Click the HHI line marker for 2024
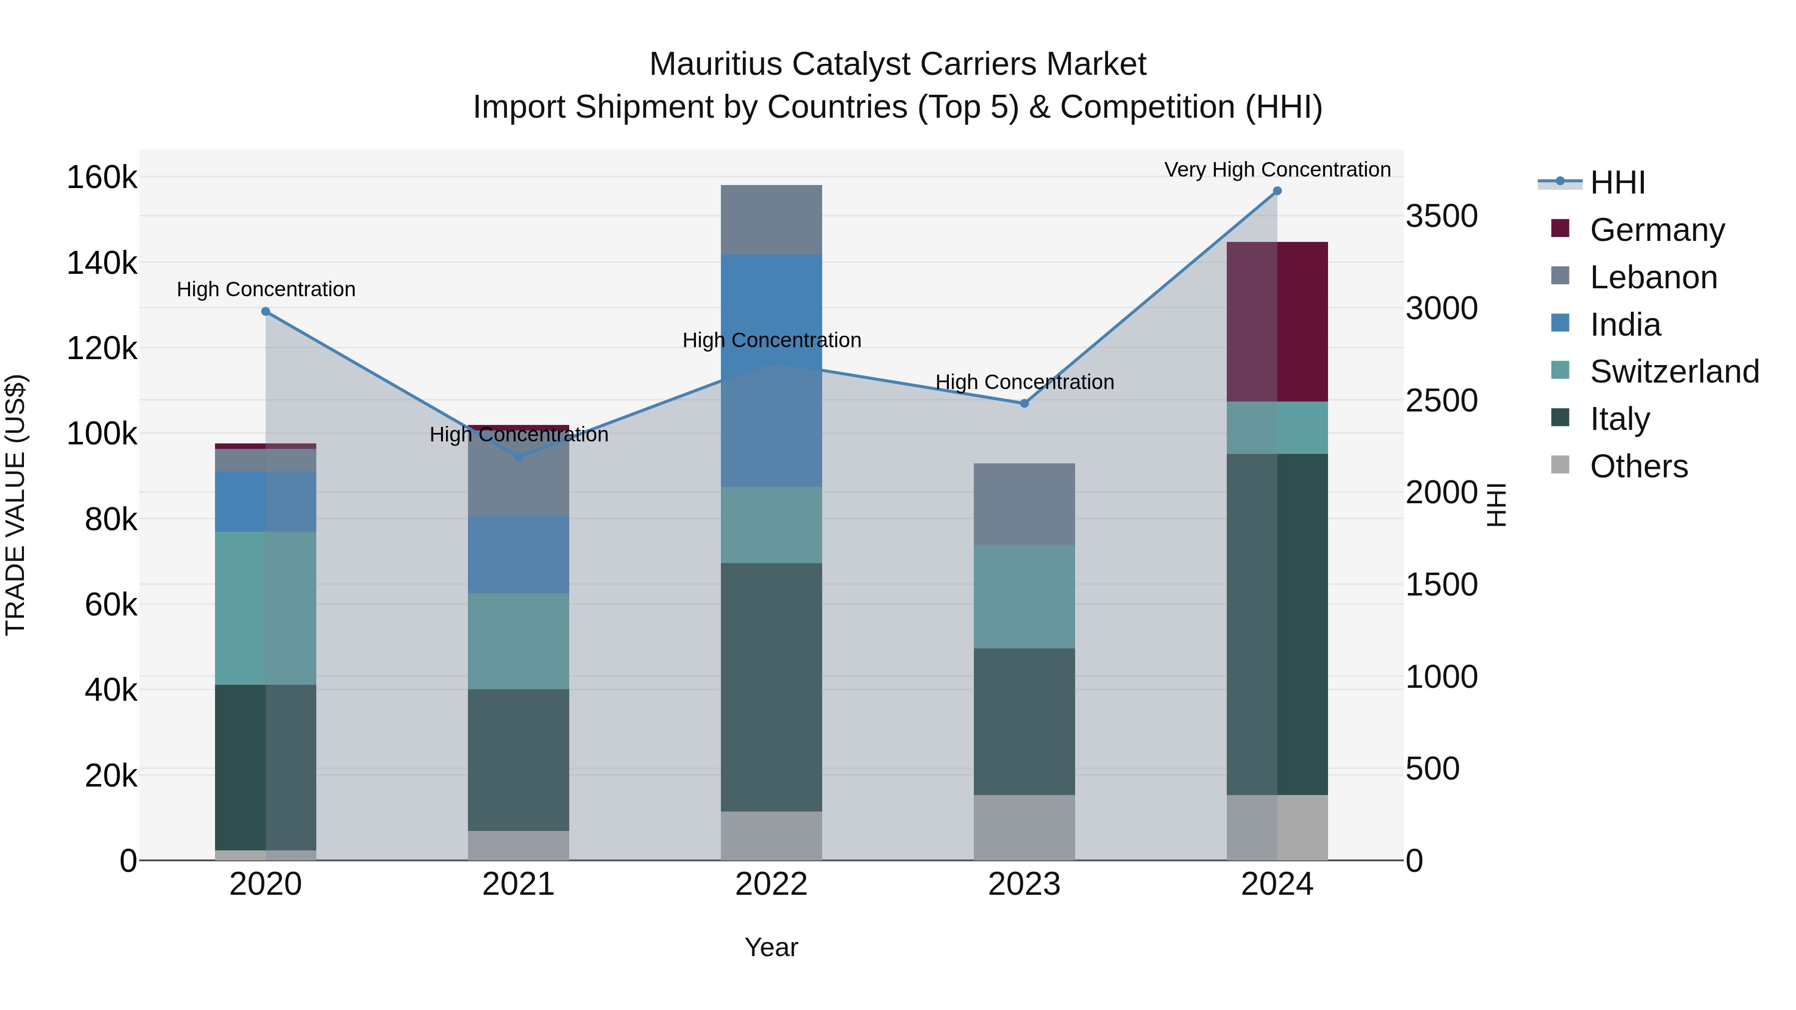pos(1277,191)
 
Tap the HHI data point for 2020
pos(265,312)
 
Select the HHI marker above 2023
pos(1024,404)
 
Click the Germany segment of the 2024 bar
pos(1277,321)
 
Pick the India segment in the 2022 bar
pos(771,370)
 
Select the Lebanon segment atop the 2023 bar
pos(1024,504)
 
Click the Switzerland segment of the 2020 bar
pos(265,608)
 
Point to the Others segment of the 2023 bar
pos(1024,827)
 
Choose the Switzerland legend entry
pos(1674,372)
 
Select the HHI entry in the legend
pos(1617,183)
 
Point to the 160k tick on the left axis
pos(102,178)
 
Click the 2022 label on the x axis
pos(771,884)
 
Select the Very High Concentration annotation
pos(1277,170)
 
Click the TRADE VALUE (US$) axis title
pos(15,505)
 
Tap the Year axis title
pos(771,947)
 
